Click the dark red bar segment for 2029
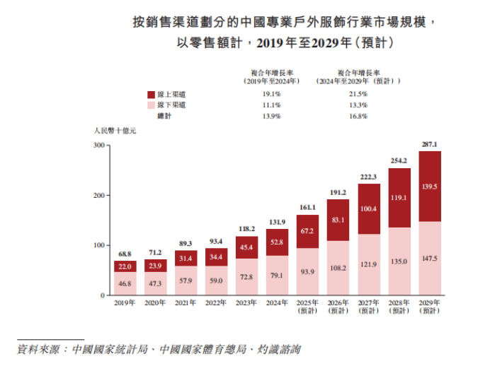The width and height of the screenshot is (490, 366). click(x=430, y=187)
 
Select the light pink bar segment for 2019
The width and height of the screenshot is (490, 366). click(x=125, y=283)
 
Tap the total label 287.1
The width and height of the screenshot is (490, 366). click(x=430, y=144)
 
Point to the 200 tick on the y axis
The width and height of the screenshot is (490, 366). click(x=99, y=195)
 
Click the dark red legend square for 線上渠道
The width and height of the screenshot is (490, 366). click(x=151, y=94)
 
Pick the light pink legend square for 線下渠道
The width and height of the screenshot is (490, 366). click(x=151, y=105)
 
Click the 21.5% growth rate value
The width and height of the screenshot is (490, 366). click(x=358, y=94)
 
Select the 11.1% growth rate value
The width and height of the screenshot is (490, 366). click(x=272, y=105)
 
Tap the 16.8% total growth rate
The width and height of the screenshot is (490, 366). click(x=358, y=116)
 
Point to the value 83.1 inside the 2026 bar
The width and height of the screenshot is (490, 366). click(x=338, y=220)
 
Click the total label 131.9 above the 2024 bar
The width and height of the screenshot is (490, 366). click(x=277, y=222)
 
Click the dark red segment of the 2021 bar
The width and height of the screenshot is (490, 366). click(x=186, y=259)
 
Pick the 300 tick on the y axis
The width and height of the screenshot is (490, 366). click(x=99, y=146)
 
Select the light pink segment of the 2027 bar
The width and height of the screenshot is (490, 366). click(x=369, y=264)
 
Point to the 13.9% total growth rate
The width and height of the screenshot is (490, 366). click(x=272, y=116)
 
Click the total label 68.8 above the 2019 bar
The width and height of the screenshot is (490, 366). click(x=125, y=254)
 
